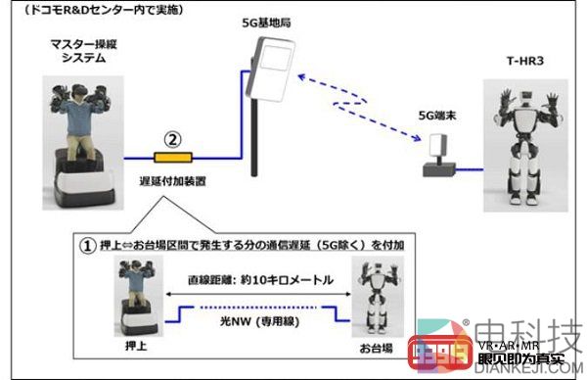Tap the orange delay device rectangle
click(x=172, y=155)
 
